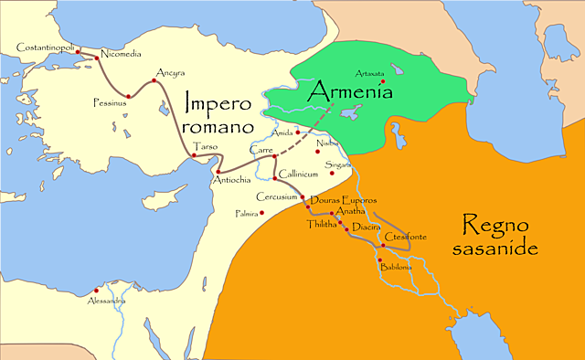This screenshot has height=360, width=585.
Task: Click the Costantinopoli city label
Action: (x=47, y=46)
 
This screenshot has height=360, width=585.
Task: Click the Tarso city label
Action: (x=205, y=145)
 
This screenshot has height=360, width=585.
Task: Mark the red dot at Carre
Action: (x=275, y=157)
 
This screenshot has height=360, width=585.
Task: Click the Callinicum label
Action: (x=299, y=172)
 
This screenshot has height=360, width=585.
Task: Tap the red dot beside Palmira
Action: (x=262, y=214)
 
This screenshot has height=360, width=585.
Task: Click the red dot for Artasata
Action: (x=383, y=84)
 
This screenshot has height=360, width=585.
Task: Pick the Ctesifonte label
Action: (x=408, y=238)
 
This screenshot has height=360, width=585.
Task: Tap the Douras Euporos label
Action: (x=344, y=199)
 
